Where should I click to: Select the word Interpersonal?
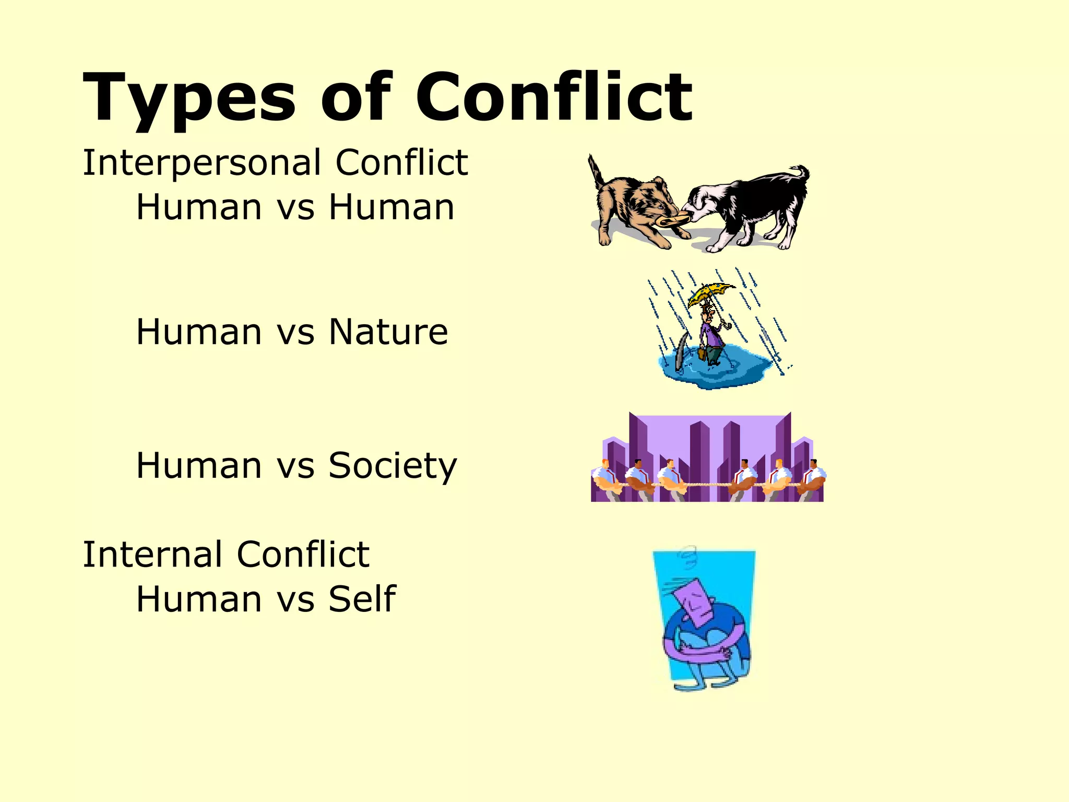tap(201, 162)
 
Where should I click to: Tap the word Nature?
tap(388, 332)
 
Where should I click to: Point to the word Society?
tap(393, 465)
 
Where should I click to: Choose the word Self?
tap(362, 598)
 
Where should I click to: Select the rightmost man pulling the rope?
tap(812, 478)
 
